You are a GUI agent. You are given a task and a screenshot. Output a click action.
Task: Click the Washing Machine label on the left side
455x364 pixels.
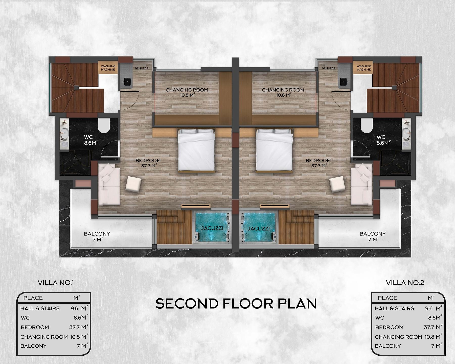[x=108, y=68]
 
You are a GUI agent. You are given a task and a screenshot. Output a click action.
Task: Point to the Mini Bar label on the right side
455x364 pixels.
[x=329, y=68]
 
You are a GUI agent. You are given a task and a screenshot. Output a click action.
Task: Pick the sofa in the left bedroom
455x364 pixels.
[x=109, y=184]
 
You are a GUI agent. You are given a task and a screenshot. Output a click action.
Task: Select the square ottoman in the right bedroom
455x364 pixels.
[x=337, y=184]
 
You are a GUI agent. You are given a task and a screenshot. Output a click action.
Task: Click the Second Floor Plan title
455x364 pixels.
[x=236, y=303]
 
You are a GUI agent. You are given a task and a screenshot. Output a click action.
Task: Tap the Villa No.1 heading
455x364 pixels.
[x=56, y=283]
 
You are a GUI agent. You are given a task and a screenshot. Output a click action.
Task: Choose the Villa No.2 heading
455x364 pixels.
[x=405, y=283]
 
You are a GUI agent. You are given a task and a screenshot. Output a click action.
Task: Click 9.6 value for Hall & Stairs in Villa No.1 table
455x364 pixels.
[x=75, y=308]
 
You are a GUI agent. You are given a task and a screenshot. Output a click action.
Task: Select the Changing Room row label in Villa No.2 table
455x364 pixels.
[x=398, y=337]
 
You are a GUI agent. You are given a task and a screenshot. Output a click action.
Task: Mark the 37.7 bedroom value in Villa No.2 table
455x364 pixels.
[x=429, y=327]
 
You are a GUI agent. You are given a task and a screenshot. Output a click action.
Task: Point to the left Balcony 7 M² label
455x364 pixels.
[x=97, y=236]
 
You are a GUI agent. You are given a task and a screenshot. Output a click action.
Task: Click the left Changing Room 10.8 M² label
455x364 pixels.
[x=187, y=92]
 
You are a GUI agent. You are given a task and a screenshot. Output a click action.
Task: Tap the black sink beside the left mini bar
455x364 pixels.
[x=127, y=81]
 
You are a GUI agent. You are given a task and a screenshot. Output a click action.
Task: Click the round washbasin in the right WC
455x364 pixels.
[x=406, y=132]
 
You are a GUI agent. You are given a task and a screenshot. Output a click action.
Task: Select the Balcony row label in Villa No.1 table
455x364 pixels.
[x=33, y=346]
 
